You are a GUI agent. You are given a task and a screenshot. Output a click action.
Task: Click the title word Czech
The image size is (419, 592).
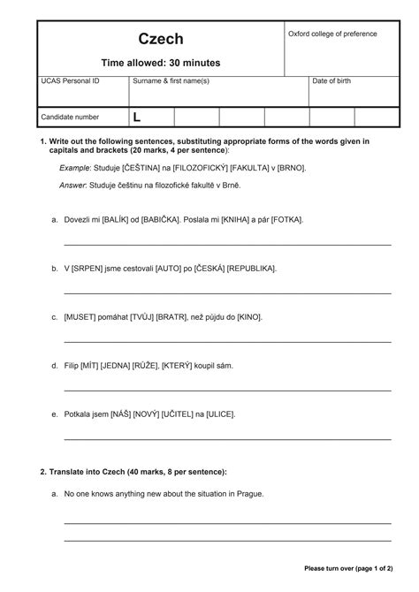160,39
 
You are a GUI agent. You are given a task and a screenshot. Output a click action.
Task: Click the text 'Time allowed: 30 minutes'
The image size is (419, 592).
160,63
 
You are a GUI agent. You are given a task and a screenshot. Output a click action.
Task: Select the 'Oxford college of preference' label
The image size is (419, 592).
332,34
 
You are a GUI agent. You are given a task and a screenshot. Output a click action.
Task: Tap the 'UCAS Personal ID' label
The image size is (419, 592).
71,81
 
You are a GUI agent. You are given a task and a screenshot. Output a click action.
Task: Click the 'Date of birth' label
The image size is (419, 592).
331,81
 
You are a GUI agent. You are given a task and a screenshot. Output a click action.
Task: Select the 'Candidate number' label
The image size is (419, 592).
71,117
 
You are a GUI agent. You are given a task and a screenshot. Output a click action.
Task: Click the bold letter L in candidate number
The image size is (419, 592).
137,117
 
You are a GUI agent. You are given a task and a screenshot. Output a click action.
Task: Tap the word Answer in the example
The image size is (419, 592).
73,186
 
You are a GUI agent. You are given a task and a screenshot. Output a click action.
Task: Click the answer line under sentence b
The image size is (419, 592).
227,292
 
